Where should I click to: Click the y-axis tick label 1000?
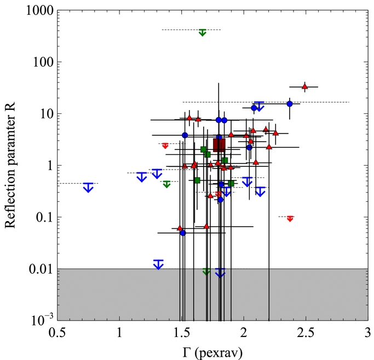click(39, 10)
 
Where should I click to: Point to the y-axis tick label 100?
click(43, 62)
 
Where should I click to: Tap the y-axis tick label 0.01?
click(41, 269)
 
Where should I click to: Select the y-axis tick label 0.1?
click(44, 217)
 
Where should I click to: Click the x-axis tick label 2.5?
click(306, 333)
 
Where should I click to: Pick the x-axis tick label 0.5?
click(57, 333)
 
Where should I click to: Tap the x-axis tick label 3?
click(367, 333)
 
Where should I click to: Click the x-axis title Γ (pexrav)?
click(212, 353)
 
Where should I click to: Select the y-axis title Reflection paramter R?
click(10, 165)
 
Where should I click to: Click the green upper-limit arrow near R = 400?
click(202, 32)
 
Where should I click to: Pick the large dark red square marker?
click(219, 145)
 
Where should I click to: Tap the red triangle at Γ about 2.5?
click(304, 86)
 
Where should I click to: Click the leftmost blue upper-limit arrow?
click(88, 188)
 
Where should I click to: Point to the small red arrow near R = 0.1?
click(290, 219)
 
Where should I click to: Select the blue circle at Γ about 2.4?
click(290, 104)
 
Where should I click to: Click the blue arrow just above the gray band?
click(158, 264)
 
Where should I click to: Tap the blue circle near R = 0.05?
click(183, 233)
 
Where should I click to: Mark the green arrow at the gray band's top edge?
click(206, 271)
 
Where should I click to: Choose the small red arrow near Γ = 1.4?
click(165, 146)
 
